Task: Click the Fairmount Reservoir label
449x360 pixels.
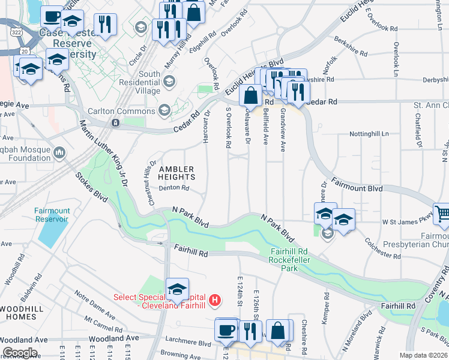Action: pyautogui.click(x=52, y=215)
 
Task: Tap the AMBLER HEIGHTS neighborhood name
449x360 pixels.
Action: pyautogui.click(x=176, y=173)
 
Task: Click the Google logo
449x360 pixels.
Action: pyautogui.click(x=20, y=353)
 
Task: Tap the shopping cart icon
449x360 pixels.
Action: pyautogui.click(x=442, y=213)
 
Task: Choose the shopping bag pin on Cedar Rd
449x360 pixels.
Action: pyautogui.click(x=250, y=95)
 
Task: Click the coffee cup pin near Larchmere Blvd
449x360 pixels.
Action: pyautogui.click(x=227, y=329)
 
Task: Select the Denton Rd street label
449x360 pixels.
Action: pyautogui.click(x=174, y=188)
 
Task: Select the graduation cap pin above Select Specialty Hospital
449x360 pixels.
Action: pyautogui.click(x=177, y=289)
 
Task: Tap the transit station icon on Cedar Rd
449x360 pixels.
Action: pyautogui.click(x=114, y=122)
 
